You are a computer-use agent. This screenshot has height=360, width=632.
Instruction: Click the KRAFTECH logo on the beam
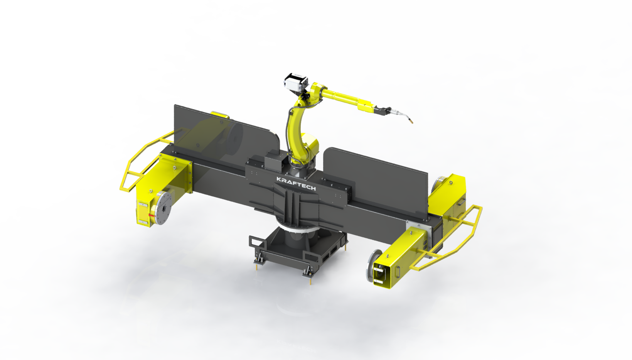(x=296, y=184)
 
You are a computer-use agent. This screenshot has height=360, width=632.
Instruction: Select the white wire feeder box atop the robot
(x=296, y=81)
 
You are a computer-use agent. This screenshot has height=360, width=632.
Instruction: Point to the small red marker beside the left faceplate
(x=150, y=215)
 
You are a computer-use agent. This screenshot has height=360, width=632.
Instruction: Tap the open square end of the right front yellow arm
(x=380, y=274)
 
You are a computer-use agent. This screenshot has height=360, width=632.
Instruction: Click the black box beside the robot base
(x=276, y=161)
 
